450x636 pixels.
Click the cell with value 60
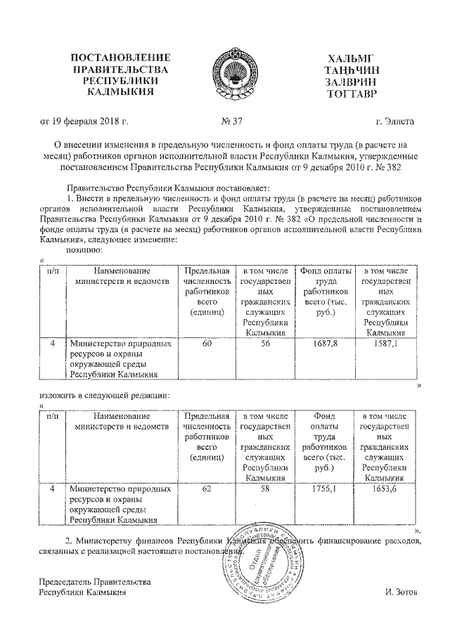[207, 344]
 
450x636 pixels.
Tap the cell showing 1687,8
[325, 344]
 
